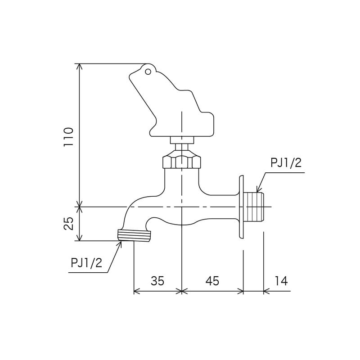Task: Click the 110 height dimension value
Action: [x=68, y=137]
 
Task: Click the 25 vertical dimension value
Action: [x=68, y=224]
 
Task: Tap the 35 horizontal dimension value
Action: [x=157, y=281]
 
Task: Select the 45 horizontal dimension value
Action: [x=211, y=281]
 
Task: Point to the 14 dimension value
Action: [x=280, y=281]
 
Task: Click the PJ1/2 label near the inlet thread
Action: [x=286, y=163]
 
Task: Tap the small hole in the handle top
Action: [x=147, y=71]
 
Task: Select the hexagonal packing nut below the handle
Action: [x=181, y=161]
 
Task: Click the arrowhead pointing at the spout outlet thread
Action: [x=121, y=243]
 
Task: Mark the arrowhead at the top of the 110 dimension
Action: [x=80, y=66]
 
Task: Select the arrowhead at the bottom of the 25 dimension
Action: [x=80, y=238]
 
